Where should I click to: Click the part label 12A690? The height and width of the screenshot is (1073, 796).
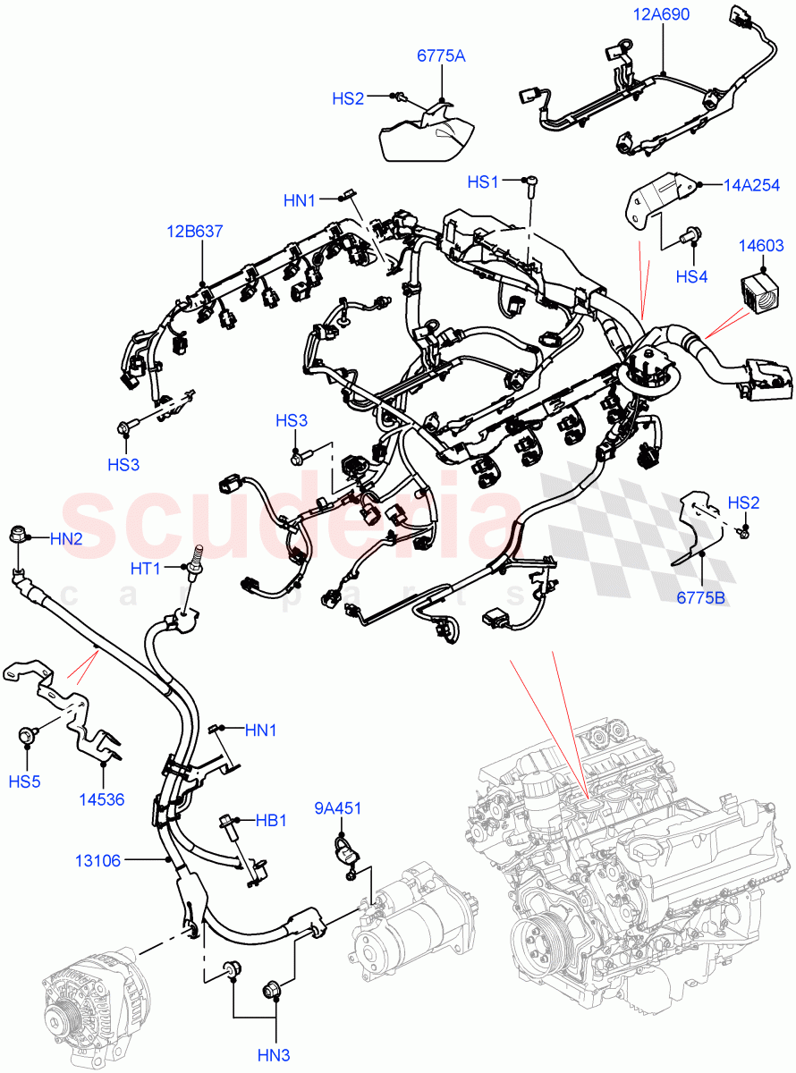(662, 14)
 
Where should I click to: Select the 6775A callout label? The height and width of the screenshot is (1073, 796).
(441, 56)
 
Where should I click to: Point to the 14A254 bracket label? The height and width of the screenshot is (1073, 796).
(748, 186)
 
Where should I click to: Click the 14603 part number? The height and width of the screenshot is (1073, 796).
(761, 246)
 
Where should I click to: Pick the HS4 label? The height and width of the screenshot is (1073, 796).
(691, 277)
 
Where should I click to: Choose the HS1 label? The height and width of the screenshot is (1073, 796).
(483, 182)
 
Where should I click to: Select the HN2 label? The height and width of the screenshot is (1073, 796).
(65, 538)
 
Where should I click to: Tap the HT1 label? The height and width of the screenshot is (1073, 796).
(145, 569)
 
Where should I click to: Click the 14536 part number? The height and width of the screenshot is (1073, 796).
(104, 798)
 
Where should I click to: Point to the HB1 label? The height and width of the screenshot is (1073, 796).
(271, 819)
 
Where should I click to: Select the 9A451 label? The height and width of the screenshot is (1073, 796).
(337, 809)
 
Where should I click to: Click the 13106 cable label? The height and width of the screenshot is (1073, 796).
(97, 861)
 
